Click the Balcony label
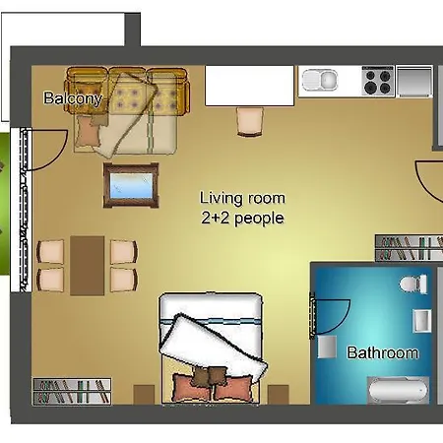73,98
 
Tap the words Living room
242,198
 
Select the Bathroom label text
383,352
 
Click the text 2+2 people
242,219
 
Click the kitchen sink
320,80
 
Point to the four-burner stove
378,81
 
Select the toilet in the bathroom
413,284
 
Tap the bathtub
398,390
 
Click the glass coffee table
131,185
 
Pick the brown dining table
88,266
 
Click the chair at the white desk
250,122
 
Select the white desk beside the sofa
249,86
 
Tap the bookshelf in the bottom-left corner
72,392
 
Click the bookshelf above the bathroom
409,248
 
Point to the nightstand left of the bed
144,395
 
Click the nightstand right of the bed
279,395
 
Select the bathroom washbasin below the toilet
421,321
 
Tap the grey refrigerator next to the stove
414,81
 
